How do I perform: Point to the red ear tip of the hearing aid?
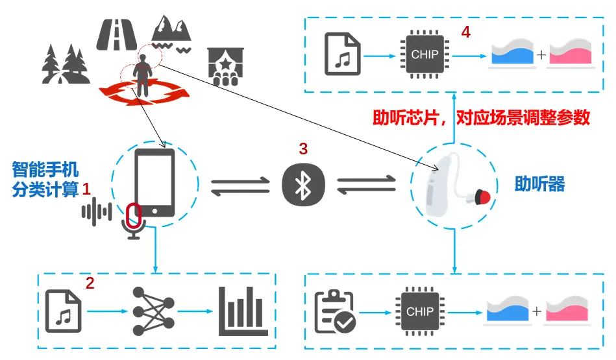coord(482,195)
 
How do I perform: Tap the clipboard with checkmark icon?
coord(334,311)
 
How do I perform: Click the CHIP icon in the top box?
coord(425,55)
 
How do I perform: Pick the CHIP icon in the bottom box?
coord(420,312)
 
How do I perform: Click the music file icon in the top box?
coord(342,55)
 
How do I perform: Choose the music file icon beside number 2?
coord(64,310)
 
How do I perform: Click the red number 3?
coord(302,149)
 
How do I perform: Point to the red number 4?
coord(465,31)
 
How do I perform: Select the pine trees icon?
coord(64,64)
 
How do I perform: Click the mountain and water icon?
coord(172,32)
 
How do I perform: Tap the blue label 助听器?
coord(539,184)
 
